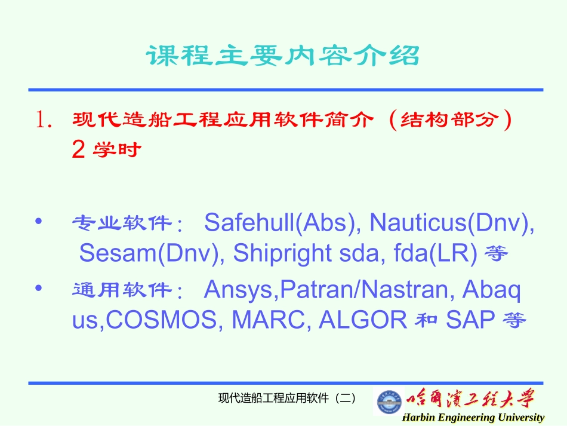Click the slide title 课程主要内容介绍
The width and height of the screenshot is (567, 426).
[x=283, y=56]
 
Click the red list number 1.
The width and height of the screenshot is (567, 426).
[x=44, y=121]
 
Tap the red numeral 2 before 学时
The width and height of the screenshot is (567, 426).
[x=78, y=151]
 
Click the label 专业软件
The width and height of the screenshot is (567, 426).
[x=121, y=224]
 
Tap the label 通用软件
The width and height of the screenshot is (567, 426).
[x=121, y=291]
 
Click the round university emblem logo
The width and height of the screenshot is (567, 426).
[x=389, y=402]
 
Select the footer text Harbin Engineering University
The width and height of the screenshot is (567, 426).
[x=473, y=418]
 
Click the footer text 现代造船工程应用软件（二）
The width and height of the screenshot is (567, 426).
[x=287, y=398]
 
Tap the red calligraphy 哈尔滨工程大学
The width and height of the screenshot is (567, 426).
[x=472, y=399]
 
